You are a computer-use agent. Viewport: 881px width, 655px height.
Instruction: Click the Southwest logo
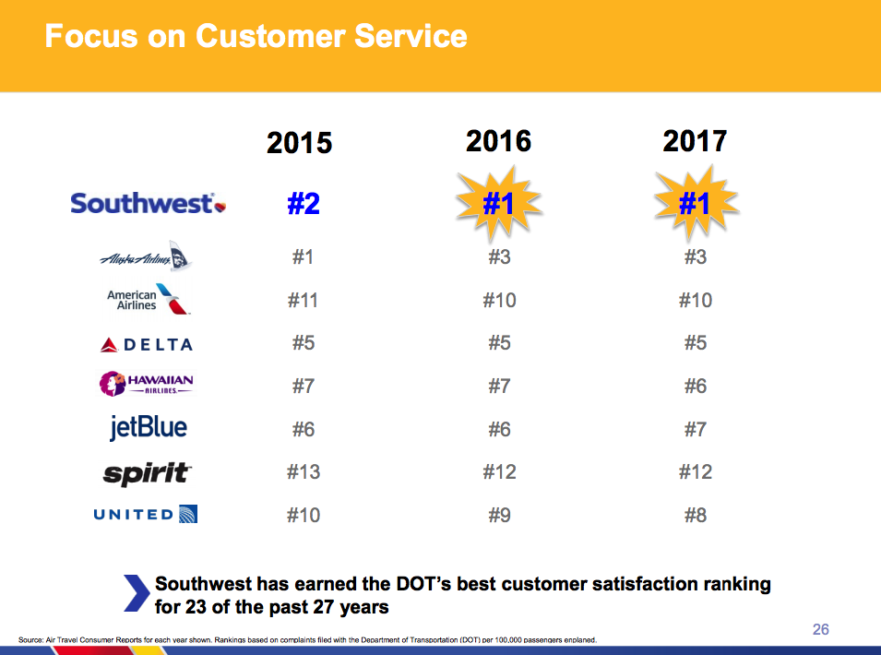tap(148, 203)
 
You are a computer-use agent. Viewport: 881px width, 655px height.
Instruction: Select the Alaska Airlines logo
tap(146, 258)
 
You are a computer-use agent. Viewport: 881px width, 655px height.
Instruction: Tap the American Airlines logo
tap(149, 300)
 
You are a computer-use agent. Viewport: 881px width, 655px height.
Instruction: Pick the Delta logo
tap(147, 344)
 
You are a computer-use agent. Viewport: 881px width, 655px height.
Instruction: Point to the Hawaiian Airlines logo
tap(147, 384)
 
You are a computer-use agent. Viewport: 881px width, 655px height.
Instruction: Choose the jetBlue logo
tap(148, 428)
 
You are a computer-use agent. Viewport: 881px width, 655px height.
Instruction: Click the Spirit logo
tap(148, 473)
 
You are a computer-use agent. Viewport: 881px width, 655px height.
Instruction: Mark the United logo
tap(146, 515)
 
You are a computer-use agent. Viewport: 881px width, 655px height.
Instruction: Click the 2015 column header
tap(299, 143)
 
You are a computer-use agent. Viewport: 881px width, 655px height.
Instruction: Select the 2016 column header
tap(498, 140)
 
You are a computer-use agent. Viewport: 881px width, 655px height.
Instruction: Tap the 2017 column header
tap(695, 140)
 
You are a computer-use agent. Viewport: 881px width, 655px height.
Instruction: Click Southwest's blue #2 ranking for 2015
tap(303, 203)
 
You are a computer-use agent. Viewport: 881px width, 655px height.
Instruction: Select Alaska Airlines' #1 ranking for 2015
tap(303, 257)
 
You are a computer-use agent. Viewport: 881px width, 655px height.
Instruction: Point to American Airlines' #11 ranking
tap(303, 301)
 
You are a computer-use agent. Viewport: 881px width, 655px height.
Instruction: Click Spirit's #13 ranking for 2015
tap(303, 472)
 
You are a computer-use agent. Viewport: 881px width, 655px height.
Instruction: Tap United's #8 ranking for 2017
tap(695, 515)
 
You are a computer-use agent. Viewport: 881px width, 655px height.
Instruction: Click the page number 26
tap(820, 629)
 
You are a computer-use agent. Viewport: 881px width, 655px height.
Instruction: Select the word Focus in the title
tap(88, 37)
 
